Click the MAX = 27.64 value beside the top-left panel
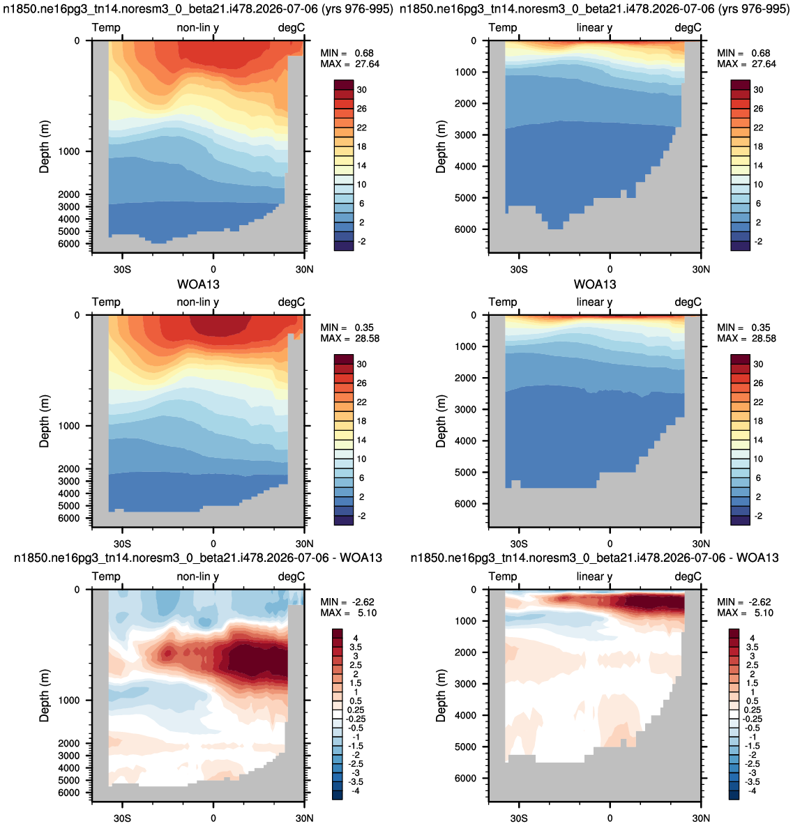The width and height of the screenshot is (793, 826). point(350,63)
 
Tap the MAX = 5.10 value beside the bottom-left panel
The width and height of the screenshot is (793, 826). point(349,613)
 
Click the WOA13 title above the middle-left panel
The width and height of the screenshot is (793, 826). point(198,284)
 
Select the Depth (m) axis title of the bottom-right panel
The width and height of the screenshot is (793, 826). point(441,696)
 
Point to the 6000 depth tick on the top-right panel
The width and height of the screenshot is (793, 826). point(466,230)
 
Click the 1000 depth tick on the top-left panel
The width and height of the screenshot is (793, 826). point(69,152)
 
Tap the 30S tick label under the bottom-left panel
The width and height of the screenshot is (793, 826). point(122,818)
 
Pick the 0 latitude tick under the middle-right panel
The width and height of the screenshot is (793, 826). point(610,544)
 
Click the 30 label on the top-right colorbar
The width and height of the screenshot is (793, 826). point(758,89)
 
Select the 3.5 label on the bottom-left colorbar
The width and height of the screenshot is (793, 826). point(356,647)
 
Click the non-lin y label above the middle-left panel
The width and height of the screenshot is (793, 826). point(197,303)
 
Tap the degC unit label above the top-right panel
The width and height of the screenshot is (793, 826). point(688,28)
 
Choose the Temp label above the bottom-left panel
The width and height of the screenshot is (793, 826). point(107,576)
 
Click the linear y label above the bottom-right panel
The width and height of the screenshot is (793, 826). point(594,577)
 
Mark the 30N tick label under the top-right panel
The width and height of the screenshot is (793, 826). point(701,269)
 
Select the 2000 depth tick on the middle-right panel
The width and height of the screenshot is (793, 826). point(466,378)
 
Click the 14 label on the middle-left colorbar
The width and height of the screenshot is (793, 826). point(362,440)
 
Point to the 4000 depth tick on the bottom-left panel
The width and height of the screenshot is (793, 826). point(69,768)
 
